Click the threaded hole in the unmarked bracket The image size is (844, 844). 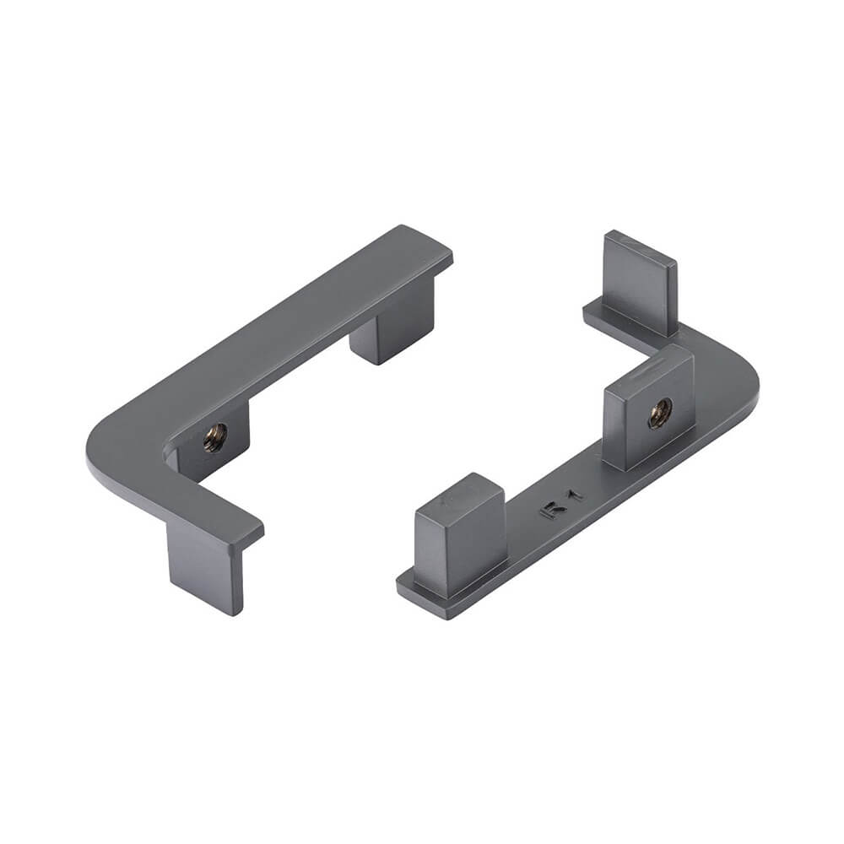coord(215,437)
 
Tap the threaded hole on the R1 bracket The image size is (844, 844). coord(659,413)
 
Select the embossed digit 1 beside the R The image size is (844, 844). coord(574,495)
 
